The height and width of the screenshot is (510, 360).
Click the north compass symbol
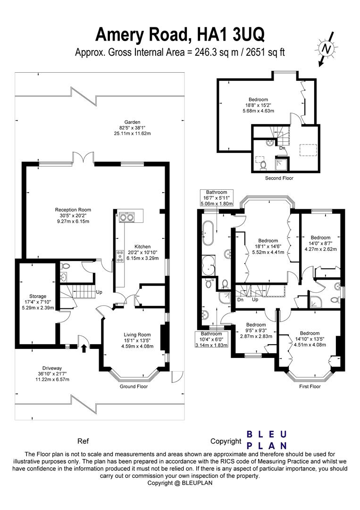click(x=326, y=48)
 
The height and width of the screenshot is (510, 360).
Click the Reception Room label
click(x=73, y=215)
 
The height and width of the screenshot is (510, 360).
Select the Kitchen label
click(x=142, y=252)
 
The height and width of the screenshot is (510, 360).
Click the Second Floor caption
click(x=279, y=178)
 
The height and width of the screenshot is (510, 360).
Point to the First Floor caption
click(x=310, y=386)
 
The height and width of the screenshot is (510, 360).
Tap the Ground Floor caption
click(x=134, y=386)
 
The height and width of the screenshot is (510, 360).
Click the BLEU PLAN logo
click(x=268, y=440)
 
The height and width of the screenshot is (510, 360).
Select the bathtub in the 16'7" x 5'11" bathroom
click(x=208, y=234)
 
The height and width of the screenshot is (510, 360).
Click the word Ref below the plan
click(x=83, y=442)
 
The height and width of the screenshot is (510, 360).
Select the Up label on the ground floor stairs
click(x=99, y=292)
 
